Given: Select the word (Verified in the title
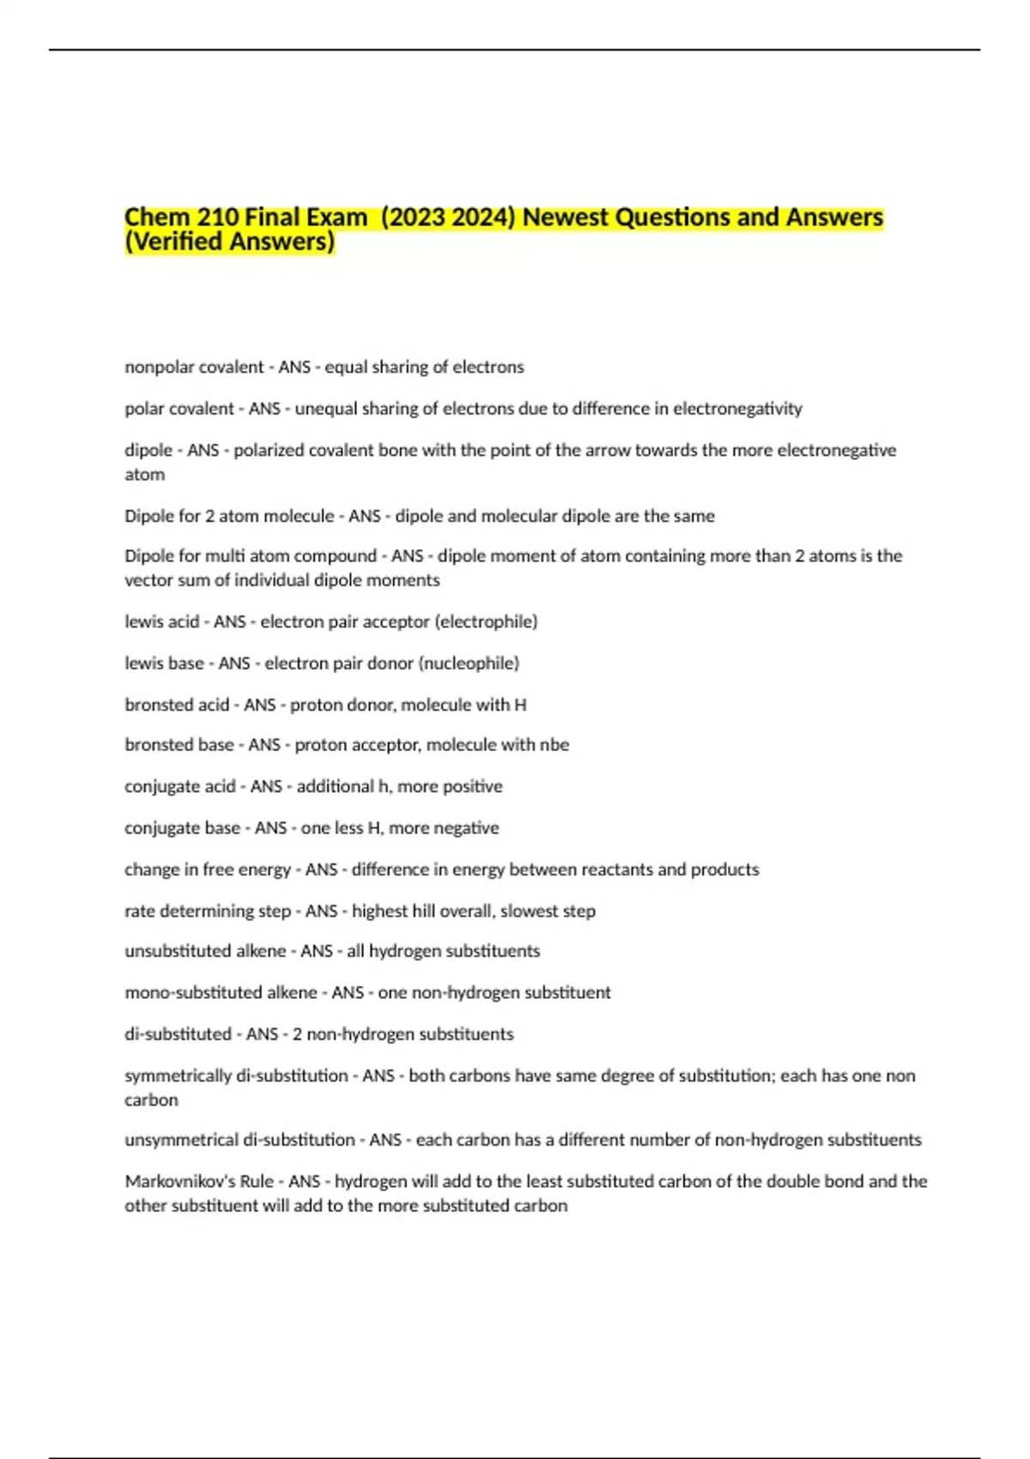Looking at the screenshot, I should pos(176,242).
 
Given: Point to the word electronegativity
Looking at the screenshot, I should pos(737,409).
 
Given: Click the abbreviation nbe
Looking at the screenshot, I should pos(554,745).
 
